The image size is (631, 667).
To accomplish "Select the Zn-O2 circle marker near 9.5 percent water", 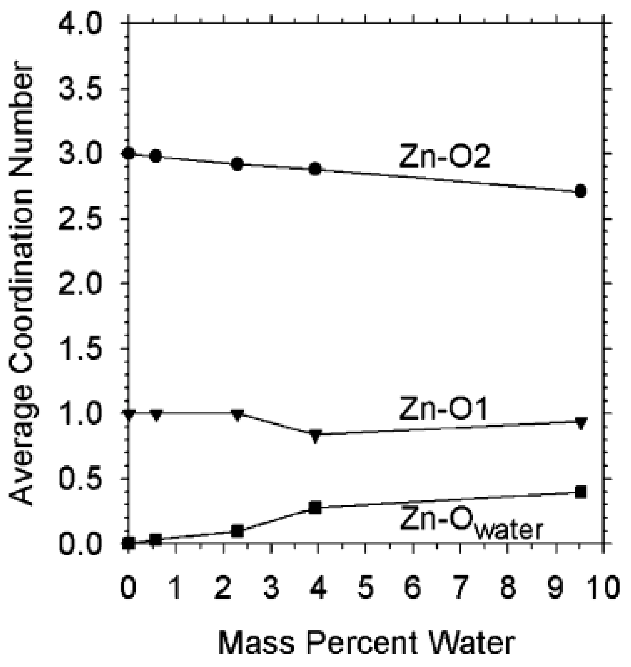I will [580, 191].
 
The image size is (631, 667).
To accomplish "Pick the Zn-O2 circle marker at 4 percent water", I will [315, 168].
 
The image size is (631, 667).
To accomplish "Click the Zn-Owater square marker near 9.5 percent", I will [580, 492].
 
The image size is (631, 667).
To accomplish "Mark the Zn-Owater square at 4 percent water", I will [315, 508].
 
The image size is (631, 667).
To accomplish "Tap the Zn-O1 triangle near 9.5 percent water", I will [580, 423].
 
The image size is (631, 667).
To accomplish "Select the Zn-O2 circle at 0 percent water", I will [129, 154].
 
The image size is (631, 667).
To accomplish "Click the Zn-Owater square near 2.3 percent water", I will [237, 531].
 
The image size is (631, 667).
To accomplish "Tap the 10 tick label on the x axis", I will [603, 589].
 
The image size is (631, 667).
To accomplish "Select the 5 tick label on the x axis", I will [366, 589].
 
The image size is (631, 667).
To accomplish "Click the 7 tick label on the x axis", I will [461, 589].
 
